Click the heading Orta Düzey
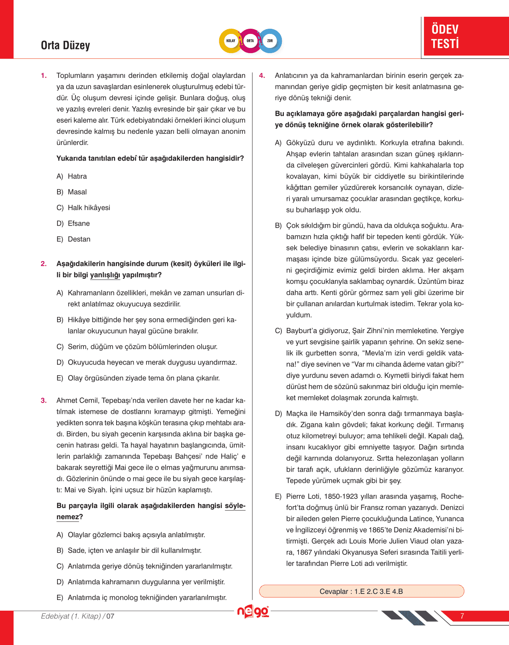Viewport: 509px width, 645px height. click(x=65, y=46)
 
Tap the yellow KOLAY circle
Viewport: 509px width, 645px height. click(x=231, y=41)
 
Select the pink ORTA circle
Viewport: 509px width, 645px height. click(x=250, y=41)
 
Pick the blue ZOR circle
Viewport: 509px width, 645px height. click(x=270, y=41)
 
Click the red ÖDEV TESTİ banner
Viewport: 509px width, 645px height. click(x=465, y=36)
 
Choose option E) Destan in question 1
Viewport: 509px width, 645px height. click(x=79, y=239)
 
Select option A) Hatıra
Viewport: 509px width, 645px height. click(x=77, y=177)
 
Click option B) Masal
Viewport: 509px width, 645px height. click(x=77, y=192)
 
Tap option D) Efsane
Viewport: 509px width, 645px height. click(x=79, y=224)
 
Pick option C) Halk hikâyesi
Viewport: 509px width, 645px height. click(x=89, y=208)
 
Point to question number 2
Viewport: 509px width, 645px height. click(x=44, y=264)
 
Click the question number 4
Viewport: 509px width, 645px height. click(x=262, y=75)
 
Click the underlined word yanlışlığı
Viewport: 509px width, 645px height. click(x=105, y=275)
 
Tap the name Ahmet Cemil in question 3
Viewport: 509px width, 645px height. click(x=77, y=401)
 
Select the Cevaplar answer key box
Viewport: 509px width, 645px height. click(x=361, y=591)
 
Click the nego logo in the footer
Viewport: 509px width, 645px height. click(x=253, y=612)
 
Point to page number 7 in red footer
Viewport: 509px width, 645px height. click(x=462, y=616)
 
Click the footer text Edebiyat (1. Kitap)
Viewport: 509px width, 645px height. click(x=71, y=616)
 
